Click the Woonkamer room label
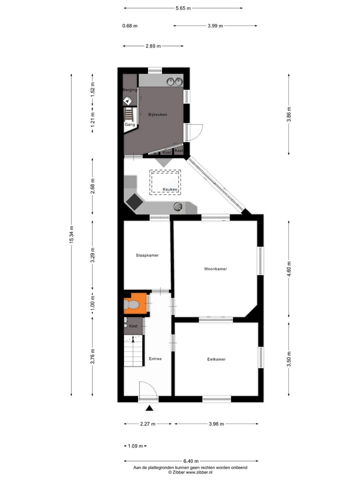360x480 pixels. pos(215,269)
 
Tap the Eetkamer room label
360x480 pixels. pos(216,359)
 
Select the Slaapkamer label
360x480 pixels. pos(147,255)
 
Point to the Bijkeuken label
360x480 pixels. pos(157,114)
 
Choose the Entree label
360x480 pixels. pos(155,359)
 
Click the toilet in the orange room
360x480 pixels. pos(132,304)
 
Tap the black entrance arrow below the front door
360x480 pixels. pos(148,408)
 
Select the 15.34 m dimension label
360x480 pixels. pos(71,234)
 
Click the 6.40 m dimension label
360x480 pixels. pos(191,461)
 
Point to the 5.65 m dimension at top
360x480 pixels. pos(183,8)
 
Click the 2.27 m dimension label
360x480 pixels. pos(147,423)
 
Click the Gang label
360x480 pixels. pos(129,124)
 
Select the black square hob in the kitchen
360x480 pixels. pos(134,201)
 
